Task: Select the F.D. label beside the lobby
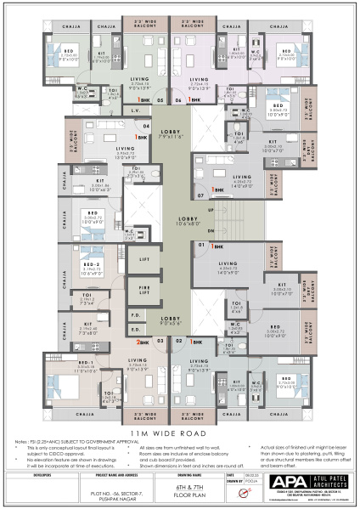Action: pyautogui.click(x=135, y=314)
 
